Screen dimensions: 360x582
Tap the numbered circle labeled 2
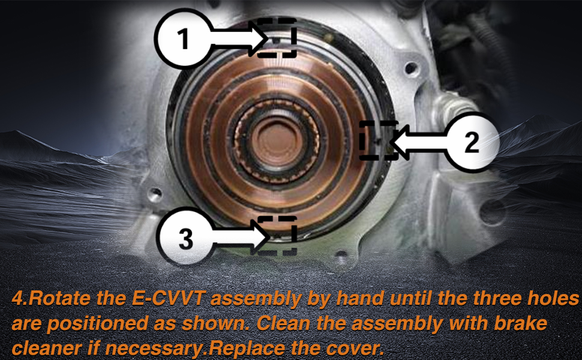tap(472, 142)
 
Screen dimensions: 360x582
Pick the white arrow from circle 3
tap(239, 238)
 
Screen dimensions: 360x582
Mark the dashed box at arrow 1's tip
tap(277, 37)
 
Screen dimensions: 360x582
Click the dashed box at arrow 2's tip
tap(379, 140)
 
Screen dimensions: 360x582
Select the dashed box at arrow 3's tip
tap(278, 233)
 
